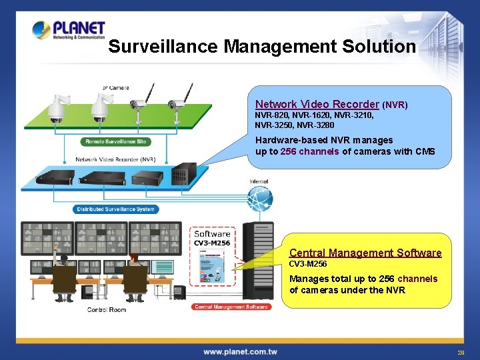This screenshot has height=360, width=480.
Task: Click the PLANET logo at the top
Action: pos(69,31)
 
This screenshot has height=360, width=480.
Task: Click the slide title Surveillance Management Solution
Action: pos(261,47)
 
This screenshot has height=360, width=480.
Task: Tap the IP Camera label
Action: pos(115,87)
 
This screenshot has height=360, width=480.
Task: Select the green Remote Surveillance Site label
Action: pos(116,142)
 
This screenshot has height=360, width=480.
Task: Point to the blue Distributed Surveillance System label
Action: pos(115,209)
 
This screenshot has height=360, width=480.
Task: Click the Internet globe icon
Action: pos(259,197)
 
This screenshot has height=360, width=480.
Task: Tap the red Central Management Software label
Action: pos(231,307)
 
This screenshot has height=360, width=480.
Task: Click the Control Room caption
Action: pos(107,310)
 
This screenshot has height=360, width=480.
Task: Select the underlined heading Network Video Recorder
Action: pos(317,104)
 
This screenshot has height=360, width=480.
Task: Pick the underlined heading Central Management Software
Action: pos(365,253)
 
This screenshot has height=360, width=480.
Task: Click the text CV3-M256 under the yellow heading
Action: pos(309,264)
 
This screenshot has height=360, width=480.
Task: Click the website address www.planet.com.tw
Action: pos(240,351)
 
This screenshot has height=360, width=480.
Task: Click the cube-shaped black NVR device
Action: pos(183,174)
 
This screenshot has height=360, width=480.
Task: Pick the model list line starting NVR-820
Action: pos(314,115)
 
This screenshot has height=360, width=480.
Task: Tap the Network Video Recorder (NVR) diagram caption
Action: pos(115,159)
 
